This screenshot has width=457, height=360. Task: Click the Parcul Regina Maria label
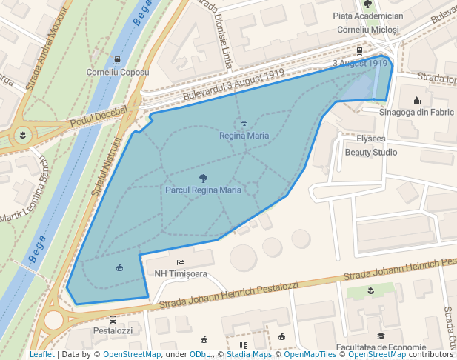(203, 190)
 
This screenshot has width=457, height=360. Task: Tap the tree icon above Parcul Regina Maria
(203, 178)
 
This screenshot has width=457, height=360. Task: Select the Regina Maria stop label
(244, 136)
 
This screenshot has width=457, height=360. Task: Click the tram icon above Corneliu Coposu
(118, 60)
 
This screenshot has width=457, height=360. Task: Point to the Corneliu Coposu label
(118, 73)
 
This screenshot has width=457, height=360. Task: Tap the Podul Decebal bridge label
(99, 116)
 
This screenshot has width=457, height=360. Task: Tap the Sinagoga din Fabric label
(416, 113)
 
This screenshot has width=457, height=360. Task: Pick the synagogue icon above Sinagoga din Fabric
(416, 101)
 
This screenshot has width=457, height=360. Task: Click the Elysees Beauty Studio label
(371, 145)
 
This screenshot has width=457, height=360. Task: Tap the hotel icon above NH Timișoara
(180, 262)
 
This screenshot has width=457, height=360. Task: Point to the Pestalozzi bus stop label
(113, 331)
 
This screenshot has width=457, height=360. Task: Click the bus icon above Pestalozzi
(113, 319)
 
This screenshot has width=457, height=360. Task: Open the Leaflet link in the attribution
(41, 355)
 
